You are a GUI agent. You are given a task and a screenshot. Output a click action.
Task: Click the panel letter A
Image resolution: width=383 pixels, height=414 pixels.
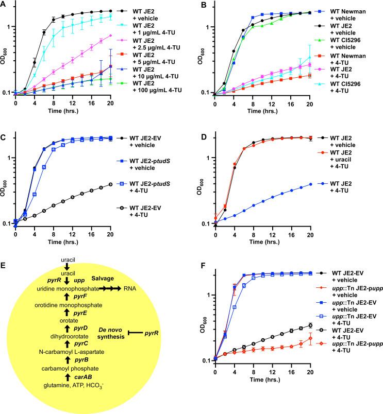[4, 4]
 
